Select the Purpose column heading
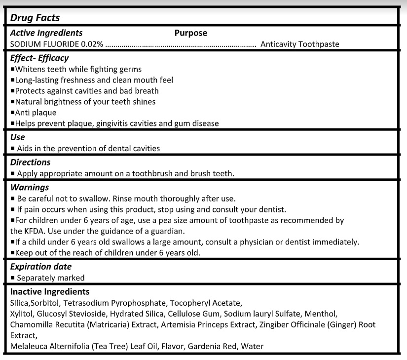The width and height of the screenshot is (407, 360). point(190,33)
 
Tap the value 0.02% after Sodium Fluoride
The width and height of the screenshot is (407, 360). point(92,44)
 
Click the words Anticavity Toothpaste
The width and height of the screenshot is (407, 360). point(299,44)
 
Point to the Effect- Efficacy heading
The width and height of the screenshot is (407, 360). point(39,58)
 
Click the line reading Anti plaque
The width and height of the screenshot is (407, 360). point(36,113)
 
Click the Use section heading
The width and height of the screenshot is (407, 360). point(17,137)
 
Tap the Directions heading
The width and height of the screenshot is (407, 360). point(30,162)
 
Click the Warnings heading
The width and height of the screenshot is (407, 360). point(29,188)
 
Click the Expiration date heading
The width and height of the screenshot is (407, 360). point(40,267)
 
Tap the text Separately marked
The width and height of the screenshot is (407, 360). point(51,278)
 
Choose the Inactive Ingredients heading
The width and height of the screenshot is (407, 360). point(50,291)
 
